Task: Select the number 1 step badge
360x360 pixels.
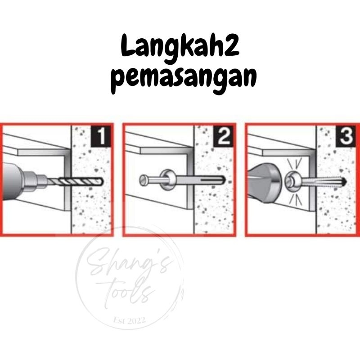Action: [101, 137]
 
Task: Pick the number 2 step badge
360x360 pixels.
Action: [224, 137]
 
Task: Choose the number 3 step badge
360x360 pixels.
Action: [346, 137]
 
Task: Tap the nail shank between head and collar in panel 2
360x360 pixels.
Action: [155, 180]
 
